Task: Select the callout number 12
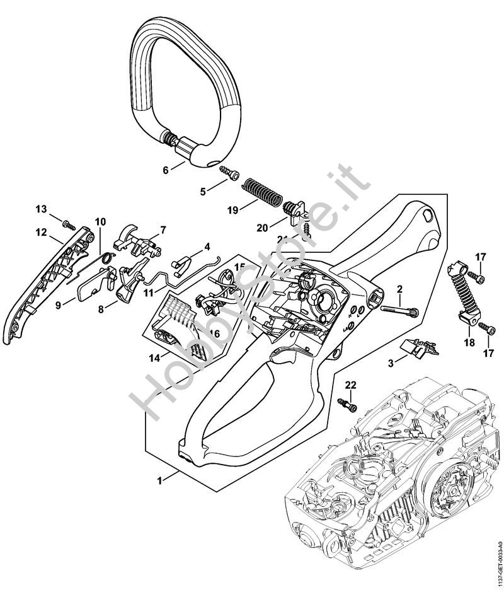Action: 42,232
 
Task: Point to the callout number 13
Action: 41,209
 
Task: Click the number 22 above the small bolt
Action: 351,385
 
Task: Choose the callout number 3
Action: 391,363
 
